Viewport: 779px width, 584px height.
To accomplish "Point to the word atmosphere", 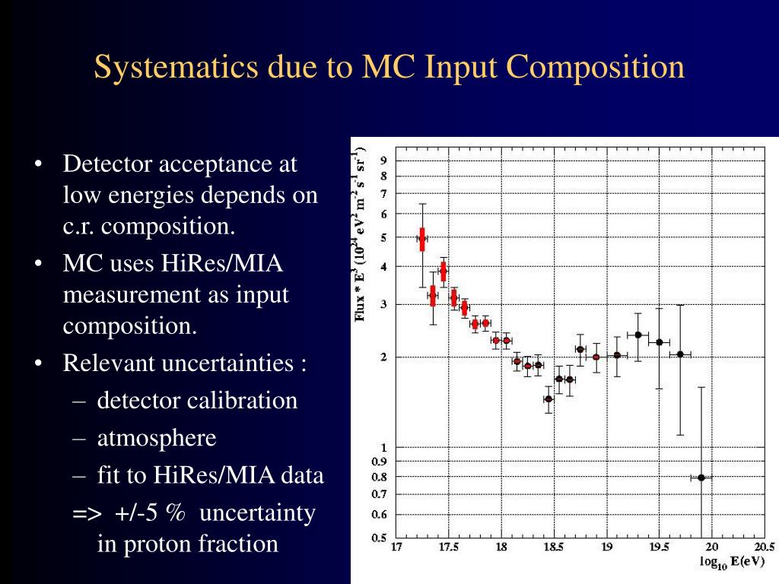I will pos(157,438).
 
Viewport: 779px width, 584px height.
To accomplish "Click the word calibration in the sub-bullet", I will pos(243,400).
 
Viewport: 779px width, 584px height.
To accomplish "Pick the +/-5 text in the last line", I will pos(136,513).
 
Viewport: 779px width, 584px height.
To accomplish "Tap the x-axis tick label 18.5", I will pos(552,547).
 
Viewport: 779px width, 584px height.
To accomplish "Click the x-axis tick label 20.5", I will pos(763,547).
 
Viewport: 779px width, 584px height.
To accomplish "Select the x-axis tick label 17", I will pos(396,547).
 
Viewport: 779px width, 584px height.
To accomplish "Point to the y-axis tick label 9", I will pos(383,160).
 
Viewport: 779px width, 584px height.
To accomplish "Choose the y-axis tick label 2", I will pos(383,357).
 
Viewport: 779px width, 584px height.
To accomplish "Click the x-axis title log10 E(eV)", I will pos(732,563).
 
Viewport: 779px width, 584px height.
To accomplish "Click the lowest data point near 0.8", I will pos(701,478).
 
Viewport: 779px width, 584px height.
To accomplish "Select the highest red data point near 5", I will pos(422,238).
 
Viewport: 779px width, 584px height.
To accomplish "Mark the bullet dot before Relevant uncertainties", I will pos(38,363).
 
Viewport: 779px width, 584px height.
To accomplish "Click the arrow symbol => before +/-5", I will pos(86,514).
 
